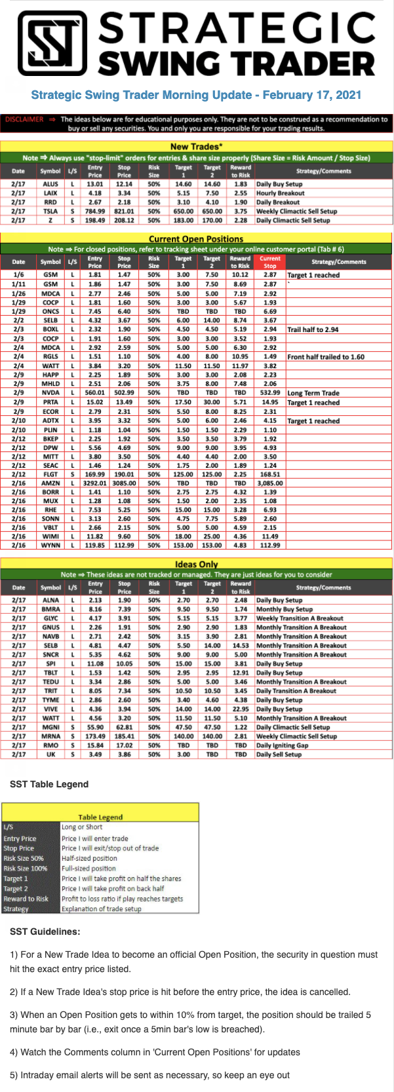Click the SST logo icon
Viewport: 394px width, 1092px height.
[x=52, y=44]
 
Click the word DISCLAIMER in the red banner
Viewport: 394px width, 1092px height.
[x=24, y=119]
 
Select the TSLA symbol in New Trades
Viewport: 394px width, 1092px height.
[x=50, y=212]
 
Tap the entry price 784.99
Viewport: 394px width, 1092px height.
[x=95, y=212]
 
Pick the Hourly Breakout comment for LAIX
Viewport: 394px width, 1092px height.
[x=280, y=193]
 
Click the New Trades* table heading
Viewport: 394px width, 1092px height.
[x=196, y=147]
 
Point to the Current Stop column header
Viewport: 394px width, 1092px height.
[x=269, y=262]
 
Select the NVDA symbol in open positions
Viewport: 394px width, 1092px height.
[x=50, y=393]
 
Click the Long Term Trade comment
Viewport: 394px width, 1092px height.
[x=313, y=393]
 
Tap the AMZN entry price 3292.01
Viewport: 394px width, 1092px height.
[x=95, y=483]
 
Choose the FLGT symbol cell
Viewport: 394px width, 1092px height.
[x=50, y=474]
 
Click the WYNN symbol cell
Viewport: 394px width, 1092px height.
[x=50, y=545]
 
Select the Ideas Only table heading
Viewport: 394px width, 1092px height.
[x=196, y=564]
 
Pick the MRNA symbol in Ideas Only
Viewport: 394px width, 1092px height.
[x=50, y=736]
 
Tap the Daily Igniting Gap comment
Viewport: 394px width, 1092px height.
[x=282, y=745]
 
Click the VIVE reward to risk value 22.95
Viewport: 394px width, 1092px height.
[x=241, y=709]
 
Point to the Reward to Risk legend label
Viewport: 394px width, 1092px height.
[x=26, y=899]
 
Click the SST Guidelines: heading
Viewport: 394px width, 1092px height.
[x=45, y=932]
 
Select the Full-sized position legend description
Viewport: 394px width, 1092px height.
[x=89, y=869]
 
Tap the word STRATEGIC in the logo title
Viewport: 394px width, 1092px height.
[x=237, y=28]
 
